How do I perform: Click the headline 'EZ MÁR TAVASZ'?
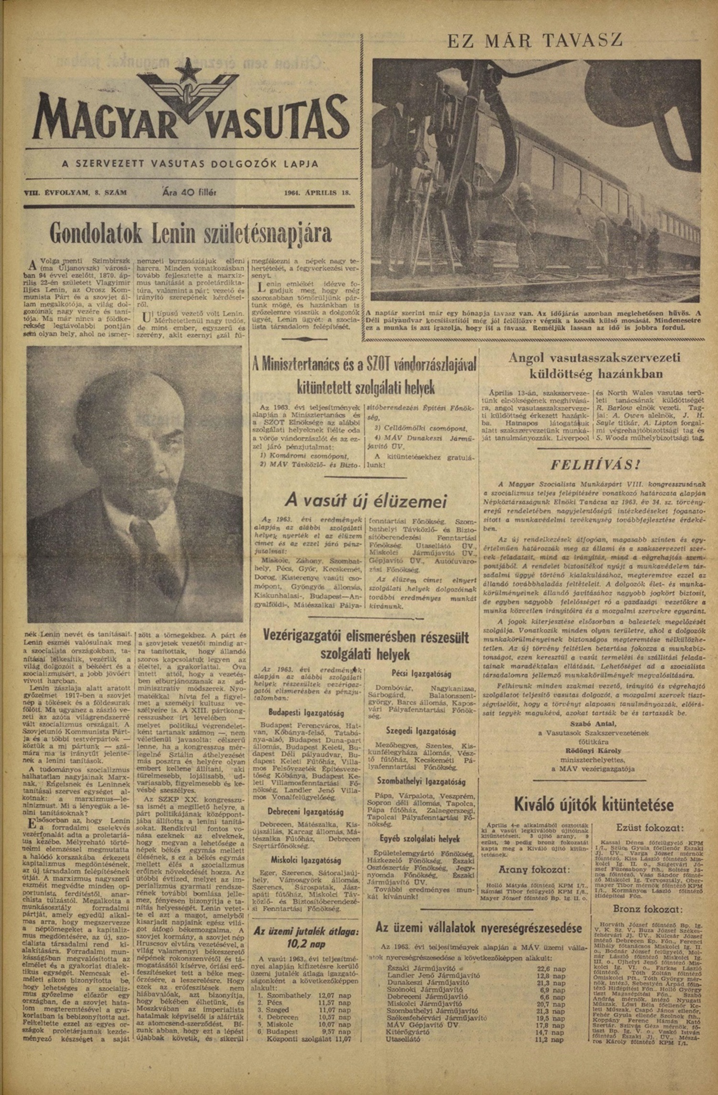[x=535, y=40]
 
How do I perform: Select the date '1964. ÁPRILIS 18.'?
[x=317, y=193]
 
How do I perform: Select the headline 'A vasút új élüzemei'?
[x=366, y=501]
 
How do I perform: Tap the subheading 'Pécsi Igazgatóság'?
[x=421, y=674]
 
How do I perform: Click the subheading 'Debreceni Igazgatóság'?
[x=306, y=812]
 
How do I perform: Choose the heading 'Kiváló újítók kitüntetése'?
[x=594, y=804]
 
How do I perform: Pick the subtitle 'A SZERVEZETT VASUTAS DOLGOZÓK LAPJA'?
[x=190, y=164]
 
